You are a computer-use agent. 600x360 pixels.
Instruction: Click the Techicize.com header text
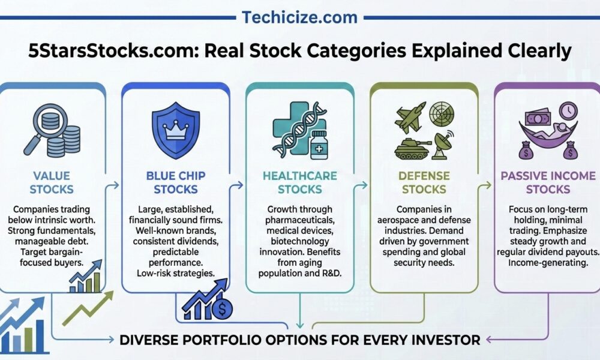tap(299, 17)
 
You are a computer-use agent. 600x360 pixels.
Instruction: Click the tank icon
tap(412, 148)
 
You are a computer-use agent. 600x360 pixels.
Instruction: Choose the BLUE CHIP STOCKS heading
tap(176, 182)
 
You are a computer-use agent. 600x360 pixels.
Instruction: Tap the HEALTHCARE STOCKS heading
tap(299, 182)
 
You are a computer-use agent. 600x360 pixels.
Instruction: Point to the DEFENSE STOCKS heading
tap(424, 182)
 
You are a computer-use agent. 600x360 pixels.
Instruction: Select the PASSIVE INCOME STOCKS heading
tap(548, 182)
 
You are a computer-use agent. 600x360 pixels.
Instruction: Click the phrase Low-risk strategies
tap(176, 273)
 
